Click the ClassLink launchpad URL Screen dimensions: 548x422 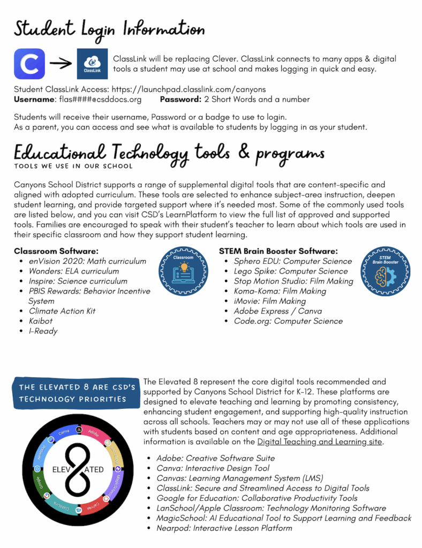(192, 89)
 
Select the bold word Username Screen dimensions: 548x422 (34, 99)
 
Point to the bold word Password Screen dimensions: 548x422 (180, 99)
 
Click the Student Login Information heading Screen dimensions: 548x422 (109, 28)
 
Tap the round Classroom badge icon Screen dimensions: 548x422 (183, 271)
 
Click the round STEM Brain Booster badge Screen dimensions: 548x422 (386, 271)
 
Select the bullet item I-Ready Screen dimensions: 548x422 (43, 331)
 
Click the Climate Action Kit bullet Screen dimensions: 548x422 (62, 311)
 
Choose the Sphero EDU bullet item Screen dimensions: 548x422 (292, 261)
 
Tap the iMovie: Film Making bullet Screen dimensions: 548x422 (270, 301)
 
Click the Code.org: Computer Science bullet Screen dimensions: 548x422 (288, 321)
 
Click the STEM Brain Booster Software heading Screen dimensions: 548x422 (278, 250)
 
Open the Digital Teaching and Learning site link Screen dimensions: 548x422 (319, 442)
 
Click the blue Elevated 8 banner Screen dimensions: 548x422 (76, 392)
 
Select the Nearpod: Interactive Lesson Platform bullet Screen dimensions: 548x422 (224, 528)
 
